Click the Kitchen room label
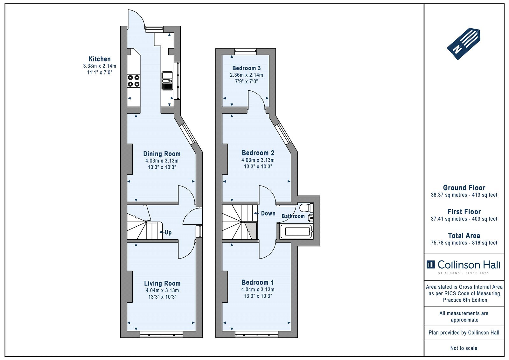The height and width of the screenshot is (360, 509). point(100,59)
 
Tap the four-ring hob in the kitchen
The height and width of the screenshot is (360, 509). point(133,81)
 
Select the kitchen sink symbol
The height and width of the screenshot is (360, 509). point(167,81)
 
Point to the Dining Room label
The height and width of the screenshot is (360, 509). point(162,154)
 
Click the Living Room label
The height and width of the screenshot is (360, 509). point(162,284)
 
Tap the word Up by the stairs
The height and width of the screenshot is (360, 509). point(168,232)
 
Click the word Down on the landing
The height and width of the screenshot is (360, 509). point(268,213)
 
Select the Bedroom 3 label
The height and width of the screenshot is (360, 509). point(246,68)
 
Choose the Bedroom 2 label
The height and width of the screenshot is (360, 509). point(258,153)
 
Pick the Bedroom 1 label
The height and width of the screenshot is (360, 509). point(258,282)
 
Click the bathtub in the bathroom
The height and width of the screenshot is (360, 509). point(296,231)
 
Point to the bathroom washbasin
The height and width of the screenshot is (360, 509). point(311,218)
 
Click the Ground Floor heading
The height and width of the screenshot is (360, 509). point(464,188)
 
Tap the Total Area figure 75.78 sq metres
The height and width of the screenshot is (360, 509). point(449,243)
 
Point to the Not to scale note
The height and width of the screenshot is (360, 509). point(464,348)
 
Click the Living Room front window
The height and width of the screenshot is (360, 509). point(161,334)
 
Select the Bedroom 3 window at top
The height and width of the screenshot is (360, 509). point(246,52)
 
